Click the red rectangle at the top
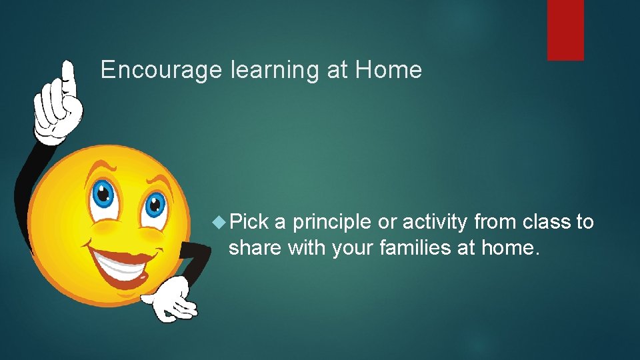click(565, 30)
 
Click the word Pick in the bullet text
click(249, 222)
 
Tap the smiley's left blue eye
click(103, 195)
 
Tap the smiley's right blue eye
click(154, 205)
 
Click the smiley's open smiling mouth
click(124, 263)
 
